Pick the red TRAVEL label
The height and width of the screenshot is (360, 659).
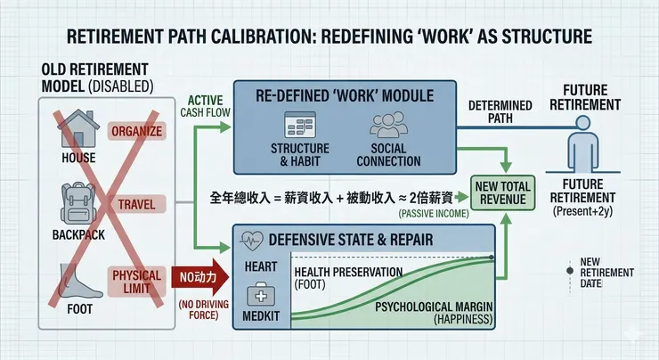point(135,205)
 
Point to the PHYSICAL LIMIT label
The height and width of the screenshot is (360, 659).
point(134,275)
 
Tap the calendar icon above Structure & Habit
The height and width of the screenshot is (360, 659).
point(297,124)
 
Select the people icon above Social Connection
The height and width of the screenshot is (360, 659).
point(387,124)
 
